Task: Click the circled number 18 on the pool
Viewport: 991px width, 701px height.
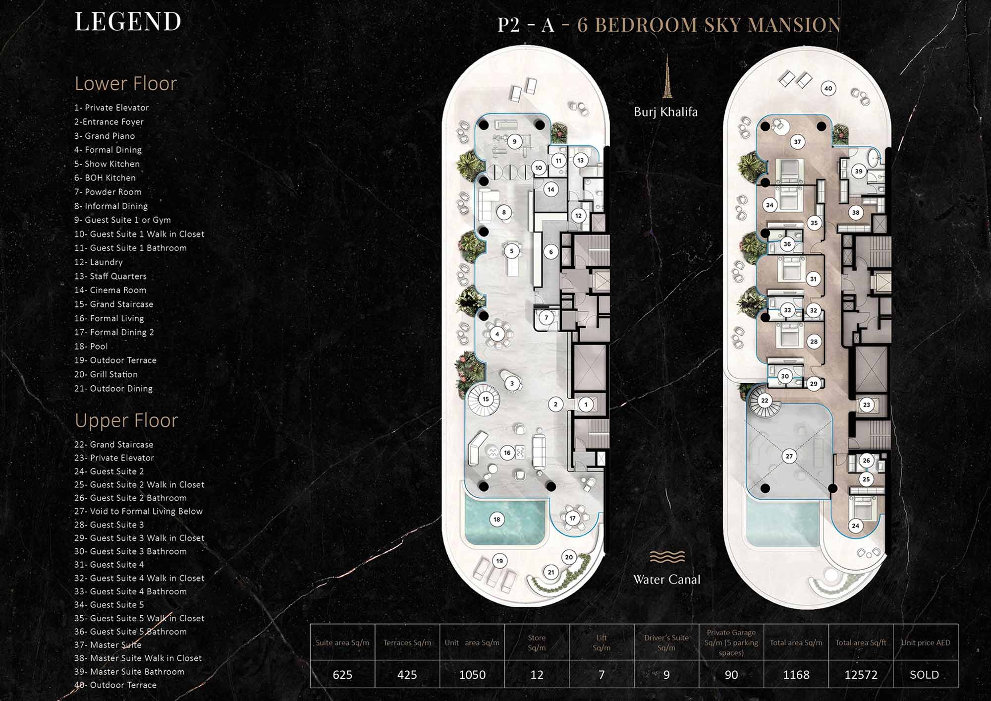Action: tap(496, 520)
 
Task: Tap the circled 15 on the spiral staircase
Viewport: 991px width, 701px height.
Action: tap(486, 399)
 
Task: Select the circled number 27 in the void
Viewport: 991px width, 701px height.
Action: tap(789, 456)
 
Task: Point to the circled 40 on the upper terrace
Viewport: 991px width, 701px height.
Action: tap(828, 89)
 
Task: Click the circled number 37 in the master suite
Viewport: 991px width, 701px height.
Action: tap(797, 142)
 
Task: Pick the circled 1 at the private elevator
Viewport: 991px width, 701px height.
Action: tap(586, 405)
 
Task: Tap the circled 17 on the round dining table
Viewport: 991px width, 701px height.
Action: tap(572, 519)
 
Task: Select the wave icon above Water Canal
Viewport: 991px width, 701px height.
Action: tap(667, 557)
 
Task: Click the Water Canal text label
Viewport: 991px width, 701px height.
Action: tap(666, 579)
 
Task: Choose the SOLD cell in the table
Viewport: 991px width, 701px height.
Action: tap(925, 675)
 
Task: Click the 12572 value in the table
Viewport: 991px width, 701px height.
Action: tap(861, 675)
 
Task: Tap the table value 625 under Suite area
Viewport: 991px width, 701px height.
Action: tap(342, 675)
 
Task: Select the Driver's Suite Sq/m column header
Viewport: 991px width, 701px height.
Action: tap(666, 643)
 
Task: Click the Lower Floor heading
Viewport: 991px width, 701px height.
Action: tap(125, 83)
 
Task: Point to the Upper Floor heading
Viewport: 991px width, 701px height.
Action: tap(126, 420)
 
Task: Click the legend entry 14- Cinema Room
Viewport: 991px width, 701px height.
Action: tap(110, 290)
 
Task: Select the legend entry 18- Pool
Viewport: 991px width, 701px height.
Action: tap(91, 346)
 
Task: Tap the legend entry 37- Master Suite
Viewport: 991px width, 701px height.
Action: tap(108, 645)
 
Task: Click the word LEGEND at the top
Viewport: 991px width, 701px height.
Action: tap(128, 22)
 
